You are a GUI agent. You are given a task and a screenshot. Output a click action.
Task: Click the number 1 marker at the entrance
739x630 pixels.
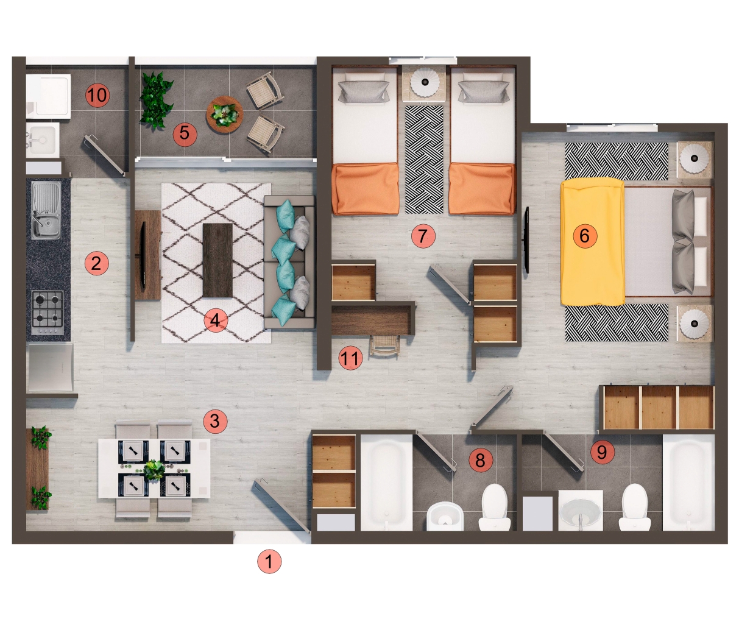point(269,561)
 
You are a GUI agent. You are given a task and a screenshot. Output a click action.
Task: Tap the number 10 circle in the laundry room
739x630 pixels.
point(97,95)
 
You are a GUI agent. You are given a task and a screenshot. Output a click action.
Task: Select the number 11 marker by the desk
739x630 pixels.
point(350,358)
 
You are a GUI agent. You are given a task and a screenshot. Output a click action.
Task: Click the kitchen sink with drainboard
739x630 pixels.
point(45,210)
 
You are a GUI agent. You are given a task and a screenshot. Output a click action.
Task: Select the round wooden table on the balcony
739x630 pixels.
point(224,115)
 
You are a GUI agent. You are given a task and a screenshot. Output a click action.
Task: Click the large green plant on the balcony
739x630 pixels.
point(156,100)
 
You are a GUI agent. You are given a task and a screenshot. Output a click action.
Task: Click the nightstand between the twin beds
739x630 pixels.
point(425,82)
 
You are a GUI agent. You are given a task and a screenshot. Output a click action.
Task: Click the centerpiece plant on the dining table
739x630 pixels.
point(154,469)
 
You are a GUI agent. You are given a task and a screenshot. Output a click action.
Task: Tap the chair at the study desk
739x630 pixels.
point(384,347)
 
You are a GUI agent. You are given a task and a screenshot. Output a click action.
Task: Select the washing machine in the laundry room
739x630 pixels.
point(49,95)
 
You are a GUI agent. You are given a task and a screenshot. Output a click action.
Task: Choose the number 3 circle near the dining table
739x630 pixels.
point(214,420)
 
